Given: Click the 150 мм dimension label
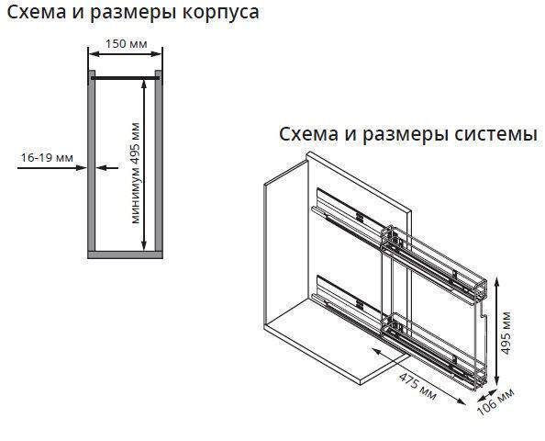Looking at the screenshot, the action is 127,44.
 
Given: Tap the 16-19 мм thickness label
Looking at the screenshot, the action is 47,158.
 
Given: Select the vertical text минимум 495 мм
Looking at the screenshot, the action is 136,173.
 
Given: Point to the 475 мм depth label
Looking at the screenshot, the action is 417,387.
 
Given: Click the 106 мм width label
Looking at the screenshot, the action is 495,402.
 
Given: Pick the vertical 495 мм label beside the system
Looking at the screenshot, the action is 506,334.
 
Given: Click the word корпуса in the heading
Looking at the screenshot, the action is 221,13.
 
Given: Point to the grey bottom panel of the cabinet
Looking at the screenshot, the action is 125,254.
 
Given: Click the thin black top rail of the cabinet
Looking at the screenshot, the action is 125,78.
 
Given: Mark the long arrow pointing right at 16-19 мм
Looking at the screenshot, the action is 51,168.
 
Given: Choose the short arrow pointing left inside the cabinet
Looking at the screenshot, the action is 107,168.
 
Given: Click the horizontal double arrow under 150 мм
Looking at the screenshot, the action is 125,54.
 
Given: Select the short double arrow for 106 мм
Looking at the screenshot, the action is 487,395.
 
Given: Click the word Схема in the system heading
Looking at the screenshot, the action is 308,134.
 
